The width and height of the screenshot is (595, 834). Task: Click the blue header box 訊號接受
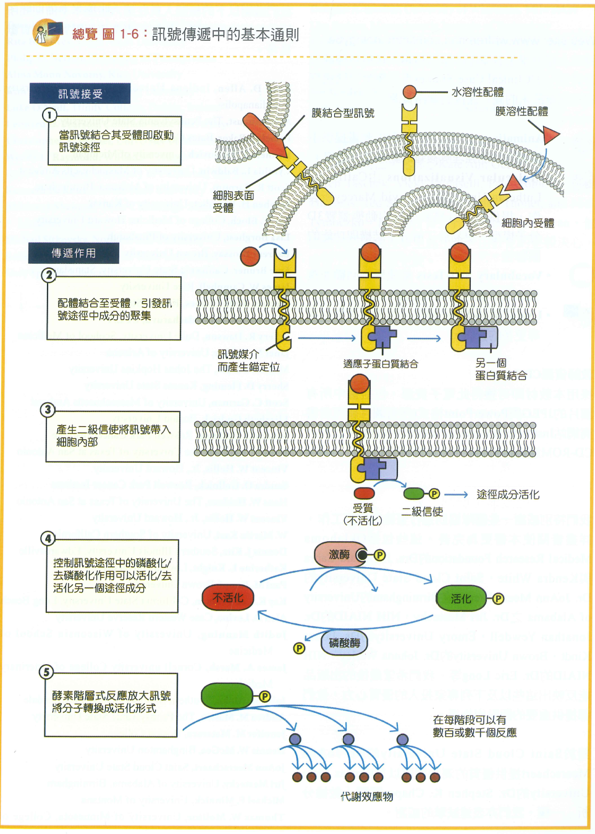(x=80, y=94)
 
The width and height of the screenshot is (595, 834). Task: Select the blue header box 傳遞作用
(x=74, y=253)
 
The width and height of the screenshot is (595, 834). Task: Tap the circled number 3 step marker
(x=48, y=410)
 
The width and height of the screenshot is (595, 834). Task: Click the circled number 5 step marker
(x=46, y=672)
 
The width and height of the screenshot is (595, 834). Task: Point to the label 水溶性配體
(x=477, y=92)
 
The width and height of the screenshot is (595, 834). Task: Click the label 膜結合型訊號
(x=343, y=113)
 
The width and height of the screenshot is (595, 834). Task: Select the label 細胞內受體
(x=528, y=223)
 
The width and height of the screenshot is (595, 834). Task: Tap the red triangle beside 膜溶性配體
(x=549, y=135)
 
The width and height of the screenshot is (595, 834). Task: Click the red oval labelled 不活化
(x=228, y=598)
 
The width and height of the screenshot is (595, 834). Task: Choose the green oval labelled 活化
(x=461, y=599)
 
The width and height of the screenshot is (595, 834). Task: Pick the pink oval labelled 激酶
(x=339, y=555)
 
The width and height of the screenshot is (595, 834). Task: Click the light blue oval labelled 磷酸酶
(x=344, y=643)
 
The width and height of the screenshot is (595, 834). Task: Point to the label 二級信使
(x=422, y=512)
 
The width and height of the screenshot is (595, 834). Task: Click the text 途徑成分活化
(x=508, y=494)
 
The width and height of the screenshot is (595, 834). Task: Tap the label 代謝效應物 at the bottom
(x=367, y=797)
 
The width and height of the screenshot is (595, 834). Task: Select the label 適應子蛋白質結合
(x=381, y=364)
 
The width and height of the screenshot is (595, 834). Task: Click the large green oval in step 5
(x=227, y=696)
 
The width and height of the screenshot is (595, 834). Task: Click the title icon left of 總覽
(x=47, y=33)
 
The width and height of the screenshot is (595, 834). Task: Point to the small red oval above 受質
(x=364, y=493)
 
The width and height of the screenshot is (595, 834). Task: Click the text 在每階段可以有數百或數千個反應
(x=475, y=727)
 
